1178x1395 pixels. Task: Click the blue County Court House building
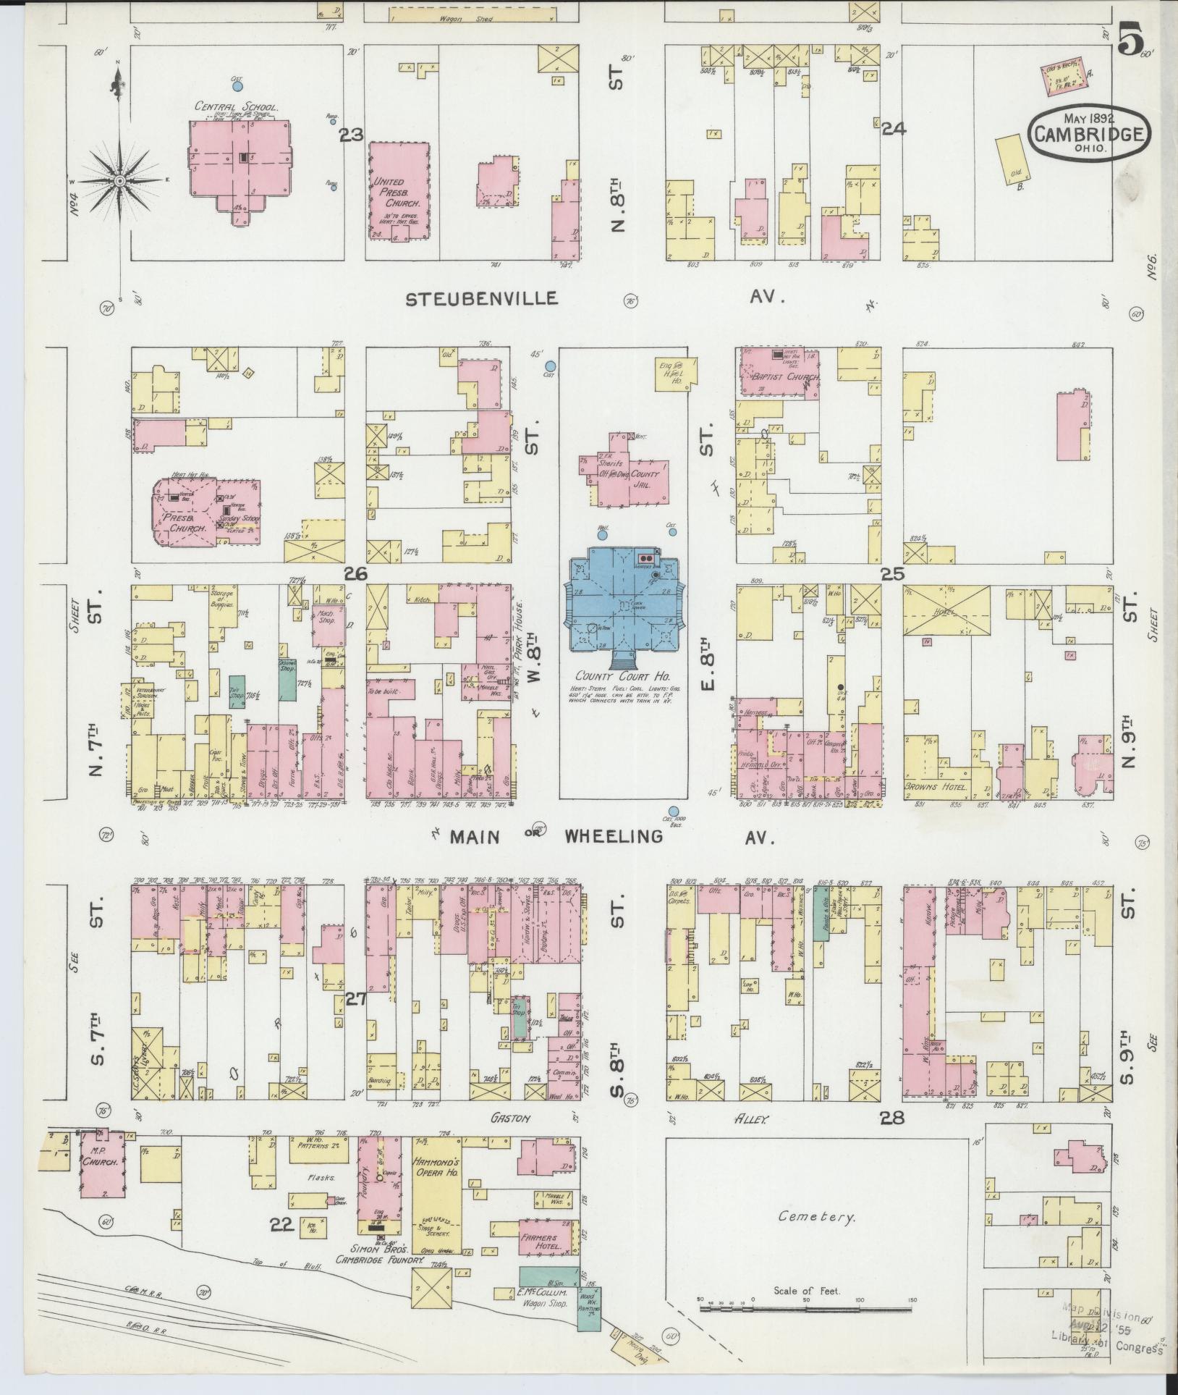pos(624,602)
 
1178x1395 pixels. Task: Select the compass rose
pos(120,178)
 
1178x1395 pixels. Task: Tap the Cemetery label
pos(817,1216)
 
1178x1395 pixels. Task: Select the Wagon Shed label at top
pos(473,19)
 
